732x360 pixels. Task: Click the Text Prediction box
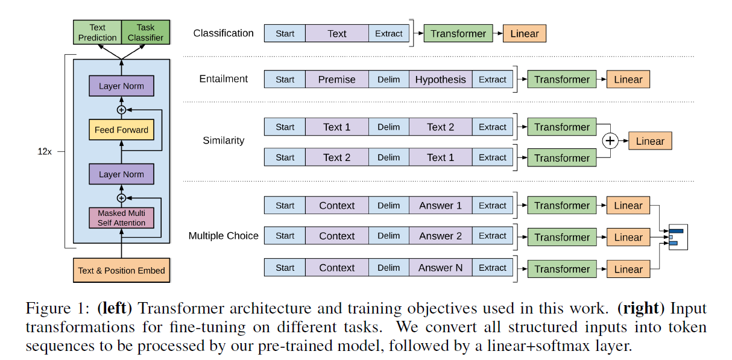(x=97, y=33)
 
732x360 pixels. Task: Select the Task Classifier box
(x=145, y=33)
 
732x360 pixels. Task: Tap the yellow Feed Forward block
(x=121, y=130)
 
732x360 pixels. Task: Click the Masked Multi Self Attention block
(x=121, y=218)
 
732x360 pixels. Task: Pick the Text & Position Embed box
(x=121, y=270)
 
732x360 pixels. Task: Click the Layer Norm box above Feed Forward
(x=121, y=86)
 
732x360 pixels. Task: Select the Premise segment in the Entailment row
(x=336, y=80)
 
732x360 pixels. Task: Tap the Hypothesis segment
(x=440, y=80)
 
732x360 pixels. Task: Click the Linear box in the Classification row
(x=524, y=34)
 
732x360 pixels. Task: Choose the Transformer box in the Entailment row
(x=561, y=80)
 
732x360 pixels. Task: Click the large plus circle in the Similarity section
(x=611, y=141)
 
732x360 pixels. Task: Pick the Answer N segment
(x=440, y=268)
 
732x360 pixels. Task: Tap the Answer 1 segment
(x=440, y=206)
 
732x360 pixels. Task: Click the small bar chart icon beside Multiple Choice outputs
(x=677, y=236)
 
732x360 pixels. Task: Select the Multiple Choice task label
(x=223, y=236)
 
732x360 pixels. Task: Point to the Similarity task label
(x=223, y=141)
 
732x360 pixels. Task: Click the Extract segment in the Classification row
(x=388, y=34)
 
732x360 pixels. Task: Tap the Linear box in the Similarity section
(x=649, y=141)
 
